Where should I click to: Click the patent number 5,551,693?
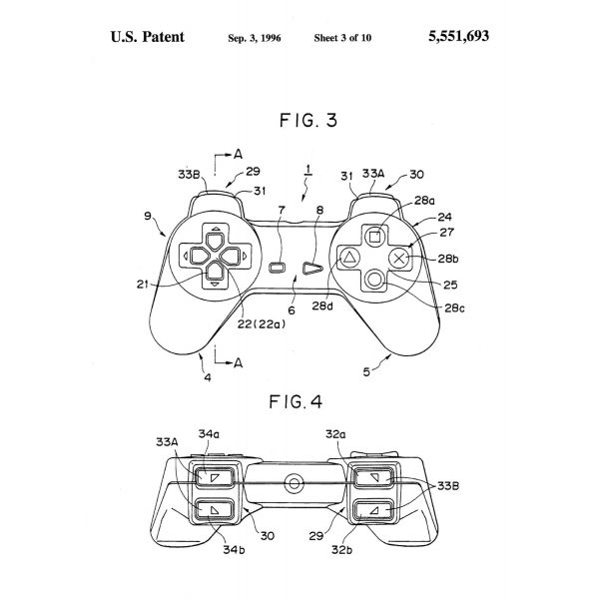click(x=458, y=36)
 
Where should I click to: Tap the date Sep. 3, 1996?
click(x=255, y=38)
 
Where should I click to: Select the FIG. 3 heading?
click(x=308, y=121)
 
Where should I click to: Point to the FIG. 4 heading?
click(x=296, y=402)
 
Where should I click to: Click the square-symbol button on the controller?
click(x=374, y=237)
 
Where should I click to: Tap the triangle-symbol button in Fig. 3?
click(x=349, y=258)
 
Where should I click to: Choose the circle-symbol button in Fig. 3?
click(x=374, y=280)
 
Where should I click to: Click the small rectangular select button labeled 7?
click(x=278, y=268)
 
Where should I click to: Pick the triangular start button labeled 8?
click(x=312, y=269)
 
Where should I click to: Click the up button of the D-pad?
click(x=216, y=241)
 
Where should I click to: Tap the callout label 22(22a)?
click(x=262, y=324)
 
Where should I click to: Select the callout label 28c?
click(x=455, y=307)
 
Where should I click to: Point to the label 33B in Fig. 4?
click(x=448, y=486)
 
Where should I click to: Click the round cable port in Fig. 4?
click(x=295, y=483)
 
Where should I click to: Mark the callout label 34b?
click(x=234, y=550)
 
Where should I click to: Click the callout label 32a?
click(x=335, y=434)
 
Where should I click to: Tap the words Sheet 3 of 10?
click(x=342, y=38)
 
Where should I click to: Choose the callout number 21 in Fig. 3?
click(x=142, y=285)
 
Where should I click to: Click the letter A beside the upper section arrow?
click(x=238, y=155)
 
